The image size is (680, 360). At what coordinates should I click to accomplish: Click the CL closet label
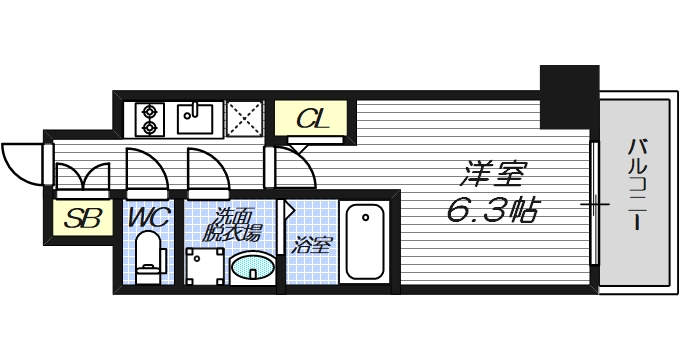click(x=312, y=121)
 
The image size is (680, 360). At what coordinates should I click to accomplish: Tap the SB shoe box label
click(x=82, y=219)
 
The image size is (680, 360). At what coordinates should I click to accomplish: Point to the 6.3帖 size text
click(x=496, y=210)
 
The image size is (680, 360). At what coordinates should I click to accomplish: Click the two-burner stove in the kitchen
click(x=150, y=118)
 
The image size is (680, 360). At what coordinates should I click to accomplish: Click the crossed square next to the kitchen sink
click(x=244, y=117)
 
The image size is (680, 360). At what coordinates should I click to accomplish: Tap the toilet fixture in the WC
click(x=150, y=253)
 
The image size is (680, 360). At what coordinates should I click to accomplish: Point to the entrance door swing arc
click(x=22, y=159)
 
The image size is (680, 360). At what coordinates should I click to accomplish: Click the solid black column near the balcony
click(x=568, y=96)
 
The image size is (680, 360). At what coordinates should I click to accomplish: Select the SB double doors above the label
click(x=82, y=178)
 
